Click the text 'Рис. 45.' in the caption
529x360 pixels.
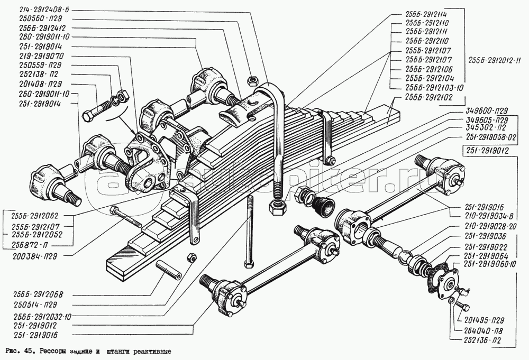tap(17, 351)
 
